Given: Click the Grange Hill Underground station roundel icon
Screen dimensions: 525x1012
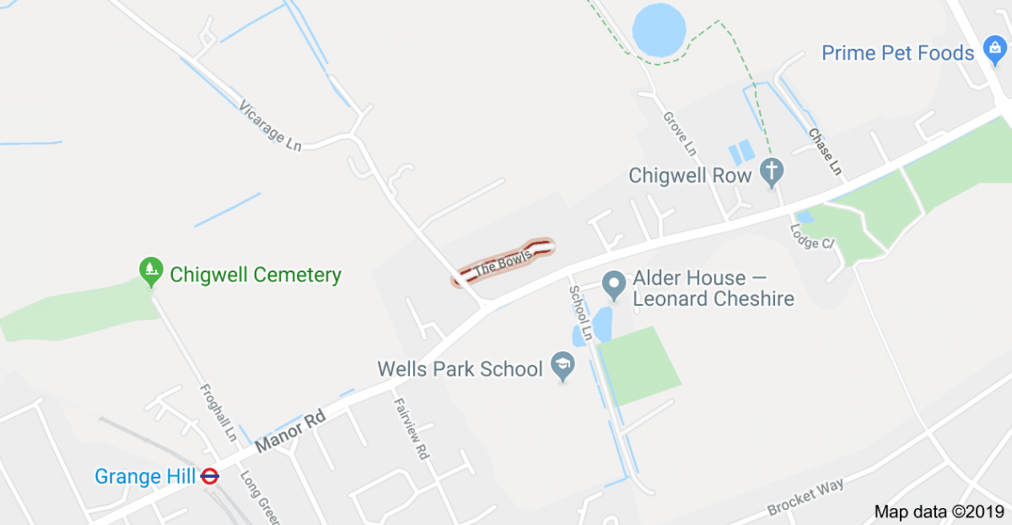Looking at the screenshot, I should (210, 477).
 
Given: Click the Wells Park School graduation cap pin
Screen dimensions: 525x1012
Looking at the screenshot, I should (559, 367).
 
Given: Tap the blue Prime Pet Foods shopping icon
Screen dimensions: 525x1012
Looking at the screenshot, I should (992, 52).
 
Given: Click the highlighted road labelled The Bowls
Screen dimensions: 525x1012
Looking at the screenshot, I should (503, 260).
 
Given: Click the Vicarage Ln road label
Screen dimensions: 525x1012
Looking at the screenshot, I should (270, 127).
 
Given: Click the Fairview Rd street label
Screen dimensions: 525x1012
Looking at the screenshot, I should (411, 428).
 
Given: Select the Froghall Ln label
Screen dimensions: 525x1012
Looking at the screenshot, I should (218, 413).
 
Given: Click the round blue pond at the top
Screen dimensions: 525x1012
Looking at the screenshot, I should (659, 28).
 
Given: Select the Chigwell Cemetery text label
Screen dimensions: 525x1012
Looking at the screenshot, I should (256, 275).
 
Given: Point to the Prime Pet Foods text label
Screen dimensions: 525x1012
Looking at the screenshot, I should (898, 53).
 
